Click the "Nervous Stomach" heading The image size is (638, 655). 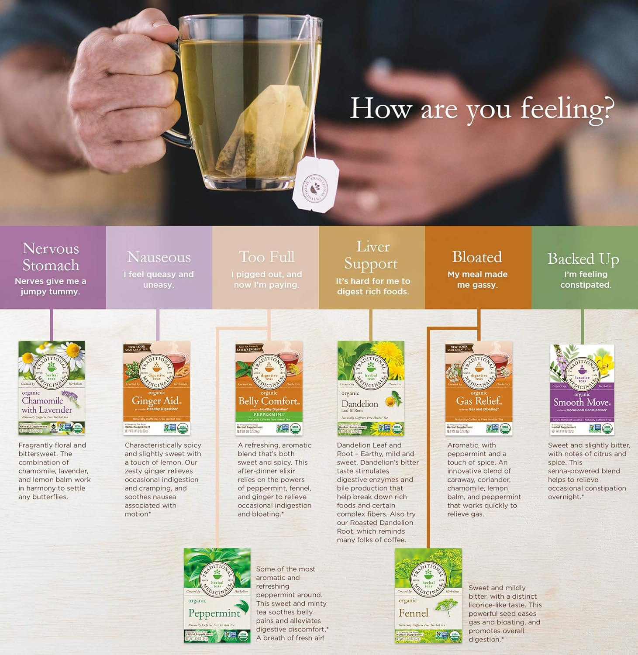point(51,257)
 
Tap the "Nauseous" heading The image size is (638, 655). point(159,257)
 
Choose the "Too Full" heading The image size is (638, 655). point(266,257)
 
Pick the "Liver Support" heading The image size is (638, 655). point(372,255)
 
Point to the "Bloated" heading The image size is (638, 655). point(477,257)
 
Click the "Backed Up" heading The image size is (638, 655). point(583,259)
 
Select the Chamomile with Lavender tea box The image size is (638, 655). point(52,388)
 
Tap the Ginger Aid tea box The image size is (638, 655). point(157,388)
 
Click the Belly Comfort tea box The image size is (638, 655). point(269,388)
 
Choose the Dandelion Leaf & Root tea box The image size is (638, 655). point(371,388)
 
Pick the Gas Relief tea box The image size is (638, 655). point(479,388)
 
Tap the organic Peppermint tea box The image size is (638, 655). point(217,595)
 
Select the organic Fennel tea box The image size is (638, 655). point(428,595)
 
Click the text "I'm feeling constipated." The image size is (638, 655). point(586,279)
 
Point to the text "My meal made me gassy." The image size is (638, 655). point(477,279)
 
